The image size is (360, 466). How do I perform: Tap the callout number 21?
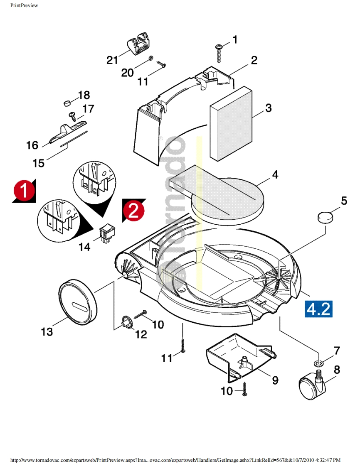(112, 60)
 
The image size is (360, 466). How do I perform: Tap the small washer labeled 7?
(319, 364)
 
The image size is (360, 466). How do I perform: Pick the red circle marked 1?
(24, 191)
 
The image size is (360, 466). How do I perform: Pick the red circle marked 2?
(133, 211)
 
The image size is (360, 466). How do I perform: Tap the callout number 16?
(32, 146)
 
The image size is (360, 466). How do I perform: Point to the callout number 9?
(275, 380)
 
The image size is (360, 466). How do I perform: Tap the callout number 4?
(275, 175)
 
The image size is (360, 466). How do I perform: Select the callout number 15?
(38, 163)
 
